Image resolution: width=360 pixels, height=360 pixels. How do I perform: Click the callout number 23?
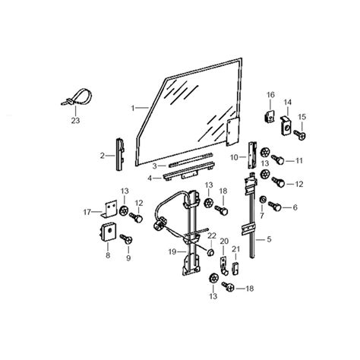pos(75,121)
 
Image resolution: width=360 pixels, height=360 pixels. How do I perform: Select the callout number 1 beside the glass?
pos(132,109)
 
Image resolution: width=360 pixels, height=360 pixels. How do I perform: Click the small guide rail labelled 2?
pos(120,154)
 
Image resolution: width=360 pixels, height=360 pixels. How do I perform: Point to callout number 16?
pos(270,95)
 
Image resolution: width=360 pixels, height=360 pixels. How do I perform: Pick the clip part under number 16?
pos(269,116)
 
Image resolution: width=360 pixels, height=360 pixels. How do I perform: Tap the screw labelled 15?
pos(300,134)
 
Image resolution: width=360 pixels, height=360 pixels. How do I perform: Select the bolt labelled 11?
pos(278,159)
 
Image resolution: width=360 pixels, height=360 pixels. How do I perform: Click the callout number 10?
pos(234,157)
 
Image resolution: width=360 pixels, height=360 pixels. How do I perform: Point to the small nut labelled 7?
pos(263,200)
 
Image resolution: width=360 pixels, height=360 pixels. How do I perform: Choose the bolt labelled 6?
pos(275,206)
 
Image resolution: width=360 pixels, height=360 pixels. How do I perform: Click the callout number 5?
pos(269,239)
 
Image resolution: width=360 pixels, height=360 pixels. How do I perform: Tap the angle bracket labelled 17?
pos(109,209)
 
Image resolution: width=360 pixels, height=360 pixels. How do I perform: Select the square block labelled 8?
pos(108,232)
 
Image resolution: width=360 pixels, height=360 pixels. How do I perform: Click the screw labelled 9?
pos(127,238)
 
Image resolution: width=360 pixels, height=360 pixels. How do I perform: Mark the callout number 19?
pos(172,251)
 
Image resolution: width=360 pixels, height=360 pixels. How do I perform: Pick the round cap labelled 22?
pos(211,252)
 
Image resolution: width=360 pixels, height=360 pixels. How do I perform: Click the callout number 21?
pos(236,249)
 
